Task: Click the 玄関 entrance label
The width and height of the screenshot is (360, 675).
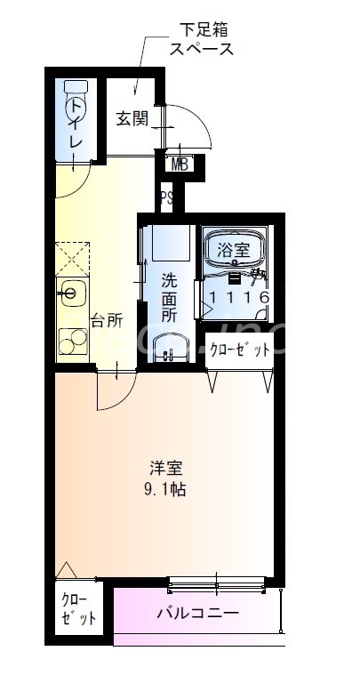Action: [132, 118]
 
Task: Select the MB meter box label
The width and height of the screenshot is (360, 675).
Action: [180, 164]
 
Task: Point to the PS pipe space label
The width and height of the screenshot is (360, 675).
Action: [166, 197]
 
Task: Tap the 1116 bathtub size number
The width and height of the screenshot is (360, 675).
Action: [238, 297]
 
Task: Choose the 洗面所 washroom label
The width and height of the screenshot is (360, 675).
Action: [169, 297]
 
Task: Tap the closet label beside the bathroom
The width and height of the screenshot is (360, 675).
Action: [239, 350]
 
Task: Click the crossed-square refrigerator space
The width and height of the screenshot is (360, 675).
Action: [73, 259]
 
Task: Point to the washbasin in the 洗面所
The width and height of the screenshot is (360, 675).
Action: [169, 347]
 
